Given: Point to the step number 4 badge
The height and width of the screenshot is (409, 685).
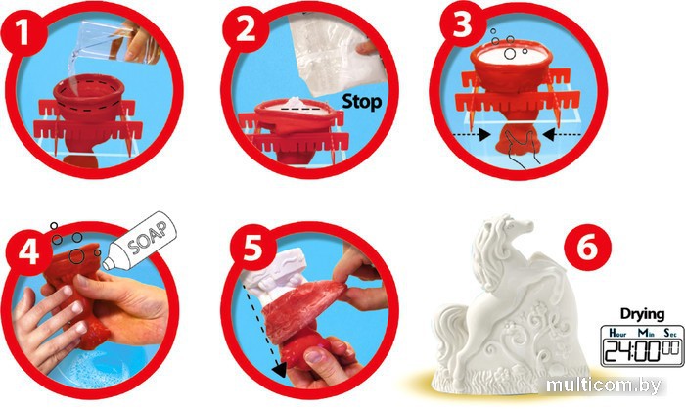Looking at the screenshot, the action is click(x=28, y=253).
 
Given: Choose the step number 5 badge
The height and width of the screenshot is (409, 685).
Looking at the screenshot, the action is click(x=251, y=249).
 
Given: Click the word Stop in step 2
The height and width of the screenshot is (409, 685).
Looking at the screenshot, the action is click(x=362, y=102).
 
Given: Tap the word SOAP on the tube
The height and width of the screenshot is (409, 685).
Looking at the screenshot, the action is click(x=148, y=238).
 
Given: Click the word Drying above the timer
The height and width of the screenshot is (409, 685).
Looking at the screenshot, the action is click(x=642, y=315).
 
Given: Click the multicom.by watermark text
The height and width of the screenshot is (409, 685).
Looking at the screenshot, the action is click(x=604, y=386).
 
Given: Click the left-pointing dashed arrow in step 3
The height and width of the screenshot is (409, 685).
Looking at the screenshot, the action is click(x=562, y=135).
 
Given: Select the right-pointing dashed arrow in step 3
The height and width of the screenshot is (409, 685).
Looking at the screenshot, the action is click(x=472, y=135).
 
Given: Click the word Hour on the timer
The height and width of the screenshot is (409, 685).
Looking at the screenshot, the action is click(x=617, y=333).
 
